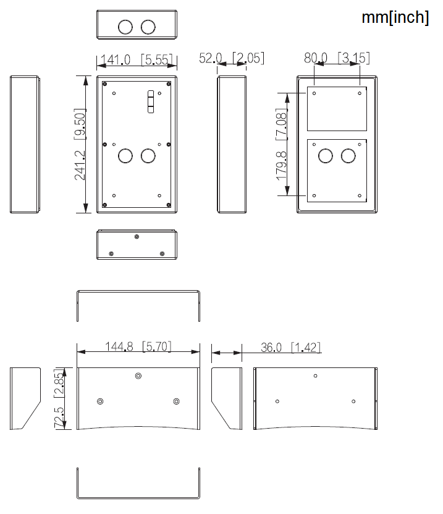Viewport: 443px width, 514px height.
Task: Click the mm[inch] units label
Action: [x=395, y=18]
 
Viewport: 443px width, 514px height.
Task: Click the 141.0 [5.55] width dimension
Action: [x=137, y=60]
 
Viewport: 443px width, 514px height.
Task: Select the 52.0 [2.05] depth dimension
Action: [x=232, y=58]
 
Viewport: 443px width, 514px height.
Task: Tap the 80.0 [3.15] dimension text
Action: [x=337, y=58]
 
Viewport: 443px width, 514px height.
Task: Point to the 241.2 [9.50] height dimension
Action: [x=80, y=144]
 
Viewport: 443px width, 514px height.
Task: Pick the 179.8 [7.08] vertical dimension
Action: [x=282, y=144]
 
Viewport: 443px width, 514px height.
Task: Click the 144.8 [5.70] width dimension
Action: [x=138, y=346]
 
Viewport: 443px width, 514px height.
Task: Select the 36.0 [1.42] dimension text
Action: [x=290, y=347]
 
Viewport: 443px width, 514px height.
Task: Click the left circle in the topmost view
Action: [x=125, y=27]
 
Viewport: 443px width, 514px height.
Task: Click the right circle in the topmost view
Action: [x=148, y=27]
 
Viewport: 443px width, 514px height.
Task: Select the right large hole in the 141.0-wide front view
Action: [x=148, y=155]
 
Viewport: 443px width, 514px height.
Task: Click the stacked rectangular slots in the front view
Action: [x=150, y=103]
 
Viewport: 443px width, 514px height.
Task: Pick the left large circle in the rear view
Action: [x=326, y=155]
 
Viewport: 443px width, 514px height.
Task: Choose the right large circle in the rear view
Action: [x=348, y=155]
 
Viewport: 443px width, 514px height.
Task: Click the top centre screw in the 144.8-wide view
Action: [x=138, y=375]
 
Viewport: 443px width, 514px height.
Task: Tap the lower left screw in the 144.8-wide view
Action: [x=100, y=401]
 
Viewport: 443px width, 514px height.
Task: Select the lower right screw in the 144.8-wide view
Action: [x=177, y=401]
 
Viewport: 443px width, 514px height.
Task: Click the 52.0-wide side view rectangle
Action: [x=232, y=144]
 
